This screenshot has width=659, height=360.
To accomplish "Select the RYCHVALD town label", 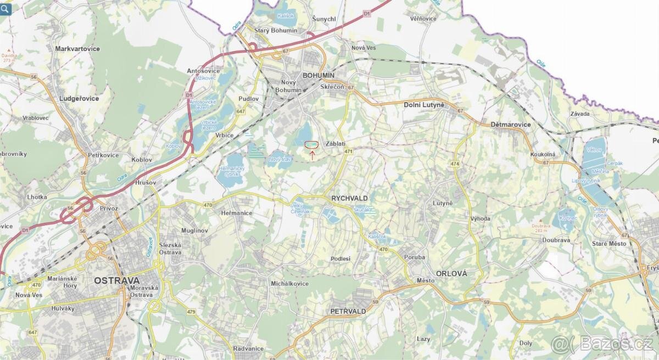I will click(x=349, y=198).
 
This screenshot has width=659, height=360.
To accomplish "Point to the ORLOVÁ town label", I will click(x=451, y=273).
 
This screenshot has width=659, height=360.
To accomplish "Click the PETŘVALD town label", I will click(x=348, y=311).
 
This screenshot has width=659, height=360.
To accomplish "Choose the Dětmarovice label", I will click(x=511, y=125).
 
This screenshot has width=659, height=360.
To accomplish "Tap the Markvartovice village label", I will click(x=77, y=49).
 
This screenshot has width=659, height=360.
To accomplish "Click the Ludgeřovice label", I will click(x=79, y=99).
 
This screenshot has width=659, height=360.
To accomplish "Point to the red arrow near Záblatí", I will click(x=312, y=155).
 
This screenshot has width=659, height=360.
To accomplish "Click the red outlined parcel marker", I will click(x=311, y=144).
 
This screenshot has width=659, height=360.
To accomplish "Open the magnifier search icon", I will click(x=5, y=8).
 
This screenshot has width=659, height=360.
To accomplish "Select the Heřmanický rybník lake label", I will click(x=231, y=172).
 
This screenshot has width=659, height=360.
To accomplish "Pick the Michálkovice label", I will click(x=290, y=284).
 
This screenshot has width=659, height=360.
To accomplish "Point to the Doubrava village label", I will click(x=556, y=240).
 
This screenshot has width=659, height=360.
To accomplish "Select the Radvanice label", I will click(x=248, y=348).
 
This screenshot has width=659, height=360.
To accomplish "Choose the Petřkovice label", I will click(x=103, y=155).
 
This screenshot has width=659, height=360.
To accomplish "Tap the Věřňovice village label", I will click(x=423, y=18).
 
